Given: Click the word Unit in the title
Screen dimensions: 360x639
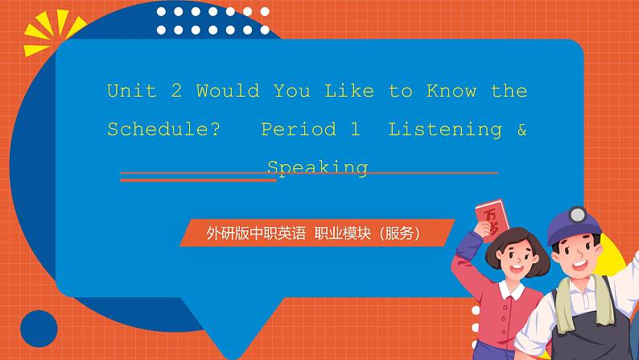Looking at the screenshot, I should [131, 91].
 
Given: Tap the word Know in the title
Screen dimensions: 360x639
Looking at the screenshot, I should [456, 91].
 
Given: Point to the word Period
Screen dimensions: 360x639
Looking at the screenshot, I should [298, 130].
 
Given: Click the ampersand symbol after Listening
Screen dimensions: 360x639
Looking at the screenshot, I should [522, 130].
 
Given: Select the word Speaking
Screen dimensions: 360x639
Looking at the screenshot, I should [317, 168].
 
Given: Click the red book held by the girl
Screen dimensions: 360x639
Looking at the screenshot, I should [490, 221].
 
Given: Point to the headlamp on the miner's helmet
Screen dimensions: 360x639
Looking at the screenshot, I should [579, 215].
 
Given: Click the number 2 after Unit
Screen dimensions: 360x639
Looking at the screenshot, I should [176, 91].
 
